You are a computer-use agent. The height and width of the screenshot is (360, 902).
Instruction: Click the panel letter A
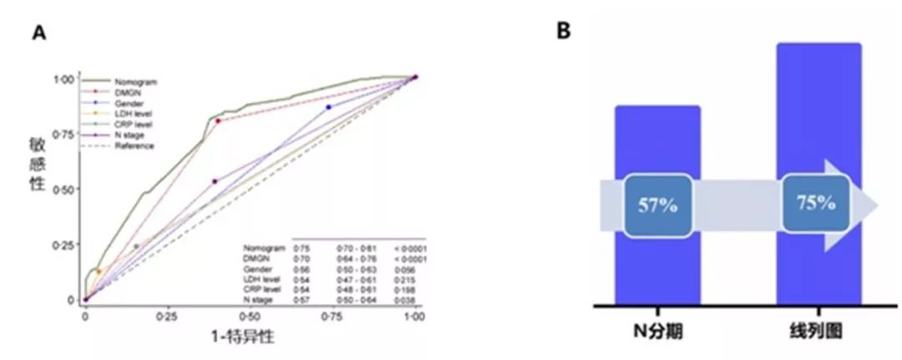point(38,33)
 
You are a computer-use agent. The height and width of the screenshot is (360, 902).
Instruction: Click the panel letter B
point(565,31)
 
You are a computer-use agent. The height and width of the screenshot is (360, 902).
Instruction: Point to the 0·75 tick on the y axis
point(66,134)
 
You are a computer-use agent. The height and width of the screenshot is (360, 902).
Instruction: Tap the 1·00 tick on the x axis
point(415,318)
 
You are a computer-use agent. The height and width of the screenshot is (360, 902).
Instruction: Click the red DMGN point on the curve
point(218,121)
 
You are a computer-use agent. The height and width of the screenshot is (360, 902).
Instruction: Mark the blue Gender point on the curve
point(328,107)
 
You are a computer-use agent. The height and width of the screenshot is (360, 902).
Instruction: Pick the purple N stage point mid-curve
point(215,181)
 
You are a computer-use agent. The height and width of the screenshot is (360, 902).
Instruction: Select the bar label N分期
point(657,332)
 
